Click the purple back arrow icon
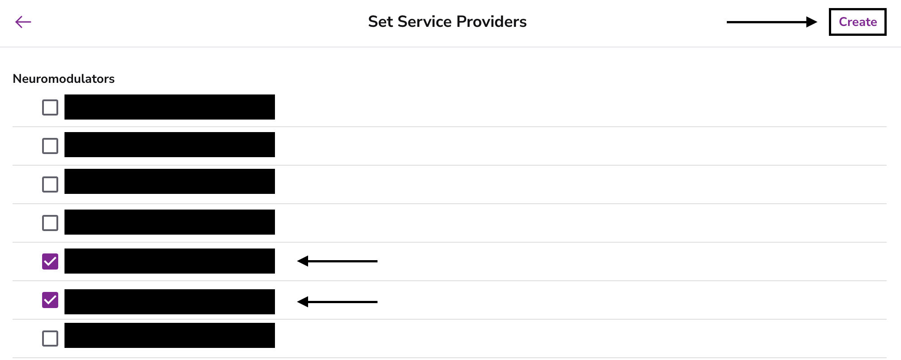pyautogui.click(x=23, y=21)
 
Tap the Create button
pyautogui.click(x=858, y=21)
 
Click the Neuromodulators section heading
pyautogui.click(x=64, y=79)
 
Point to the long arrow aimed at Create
pyautogui.click(x=772, y=22)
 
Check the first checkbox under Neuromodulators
pyautogui.click(x=50, y=107)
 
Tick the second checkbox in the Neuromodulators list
pyautogui.click(x=50, y=146)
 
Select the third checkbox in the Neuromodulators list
pyautogui.click(x=50, y=184)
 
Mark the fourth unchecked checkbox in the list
pyautogui.click(x=50, y=223)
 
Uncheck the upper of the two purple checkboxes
pyautogui.click(x=50, y=261)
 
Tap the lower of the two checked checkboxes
pyautogui.click(x=50, y=300)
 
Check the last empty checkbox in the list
pyautogui.click(x=50, y=339)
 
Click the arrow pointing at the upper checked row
pyautogui.click(x=337, y=261)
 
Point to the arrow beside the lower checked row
pyautogui.click(x=337, y=302)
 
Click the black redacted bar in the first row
pyautogui.click(x=170, y=107)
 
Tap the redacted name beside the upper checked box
pyautogui.click(x=170, y=261)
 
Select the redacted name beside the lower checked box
pyautogui.click(x=170, y=302)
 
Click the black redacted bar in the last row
pyautogui.click(x=170, y=335)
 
